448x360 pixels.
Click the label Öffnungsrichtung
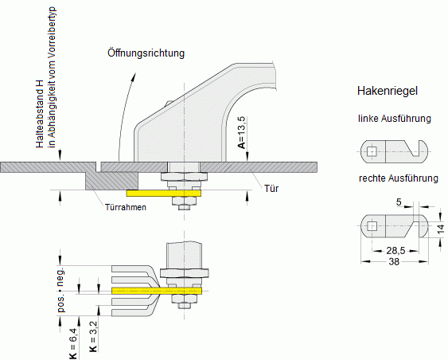tap(147, 54)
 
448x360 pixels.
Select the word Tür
tap(271, 189)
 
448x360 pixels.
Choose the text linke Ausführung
tap(394, 119)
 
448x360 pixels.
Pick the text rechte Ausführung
tap(397, 178)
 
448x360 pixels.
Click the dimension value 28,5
tap(388, 250)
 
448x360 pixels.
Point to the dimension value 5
tap(399, 202)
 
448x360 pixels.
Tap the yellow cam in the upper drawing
tap(163, 193)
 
